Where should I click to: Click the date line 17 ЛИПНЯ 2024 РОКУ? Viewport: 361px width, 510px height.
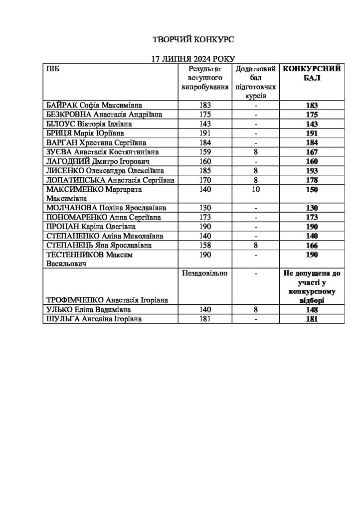pyautogui.click(x=185, y=58)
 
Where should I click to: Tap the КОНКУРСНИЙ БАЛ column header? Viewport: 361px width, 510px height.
pyautogui.click(x=312, y=73)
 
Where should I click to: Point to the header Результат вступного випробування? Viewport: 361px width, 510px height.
pyautogui.click(x=204, y=77)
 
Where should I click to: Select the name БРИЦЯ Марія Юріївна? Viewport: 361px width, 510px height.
pyautogui.click(x=85, y=133)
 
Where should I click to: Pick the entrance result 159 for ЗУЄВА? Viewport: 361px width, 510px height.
pyautogui.click(x=204, y=152)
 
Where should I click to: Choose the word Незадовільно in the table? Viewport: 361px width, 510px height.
pyautogui.click(x=204, y=273)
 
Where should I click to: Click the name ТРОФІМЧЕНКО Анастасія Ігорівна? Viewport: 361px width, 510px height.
pyautogui.click(x=106, y=299)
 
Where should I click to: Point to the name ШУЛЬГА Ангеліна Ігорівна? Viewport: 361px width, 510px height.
pyautogui.click(x=93, y=319)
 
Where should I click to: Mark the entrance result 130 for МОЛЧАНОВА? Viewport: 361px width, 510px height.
pyautogui.click(x=204, y=208)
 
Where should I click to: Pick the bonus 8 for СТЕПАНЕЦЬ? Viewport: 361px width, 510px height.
pyautogui.click(x=255, y=245)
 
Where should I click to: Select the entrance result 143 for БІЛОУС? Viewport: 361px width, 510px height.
pyautogui.click(x=204, y=124)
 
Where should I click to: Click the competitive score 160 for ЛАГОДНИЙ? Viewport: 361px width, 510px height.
pyautogui.click(x=312, y=161)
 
